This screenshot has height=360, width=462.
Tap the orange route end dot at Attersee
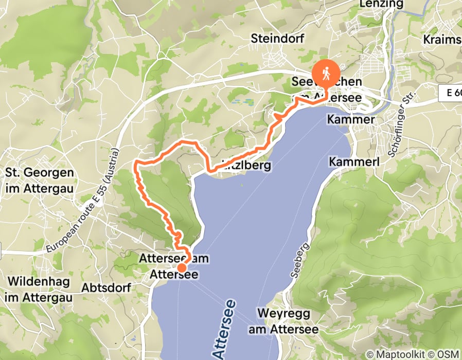182,267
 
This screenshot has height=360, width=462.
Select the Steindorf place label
278,39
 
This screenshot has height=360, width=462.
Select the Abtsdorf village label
107,288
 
